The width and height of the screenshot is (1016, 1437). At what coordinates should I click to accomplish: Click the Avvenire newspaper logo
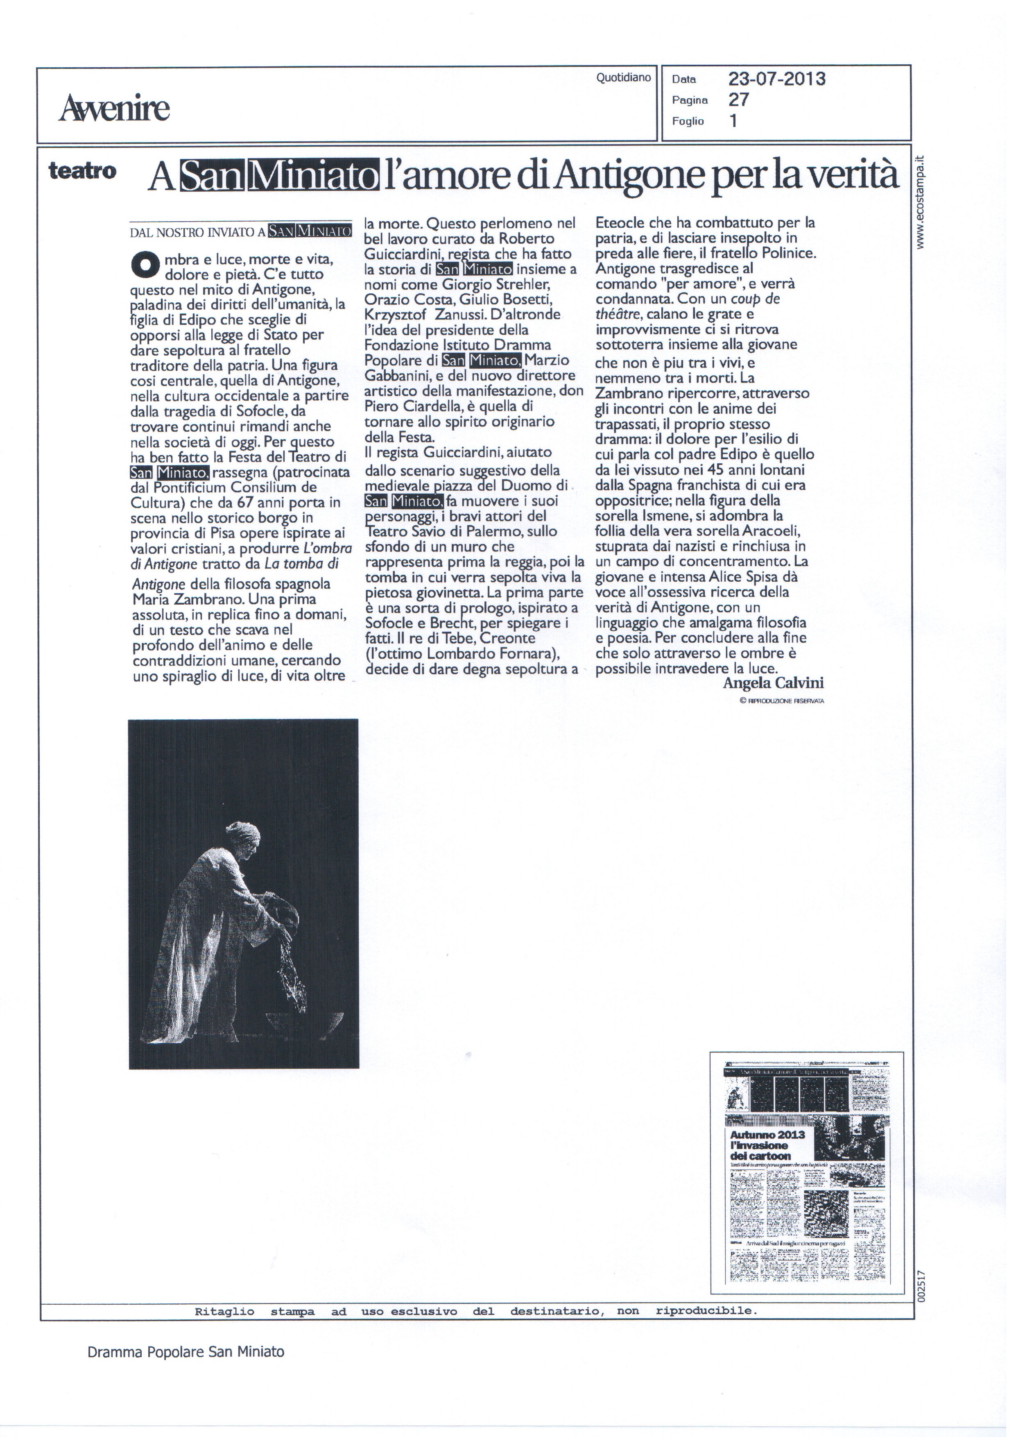pos(115,108)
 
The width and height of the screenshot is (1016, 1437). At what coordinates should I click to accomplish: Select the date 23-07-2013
pos(776,79)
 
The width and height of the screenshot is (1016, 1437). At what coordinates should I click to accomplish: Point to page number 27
pos(739,100)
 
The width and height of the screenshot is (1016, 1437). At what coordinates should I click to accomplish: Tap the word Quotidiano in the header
pos(623,77)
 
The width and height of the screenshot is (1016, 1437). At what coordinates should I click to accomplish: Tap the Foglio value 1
pos(733,121)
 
